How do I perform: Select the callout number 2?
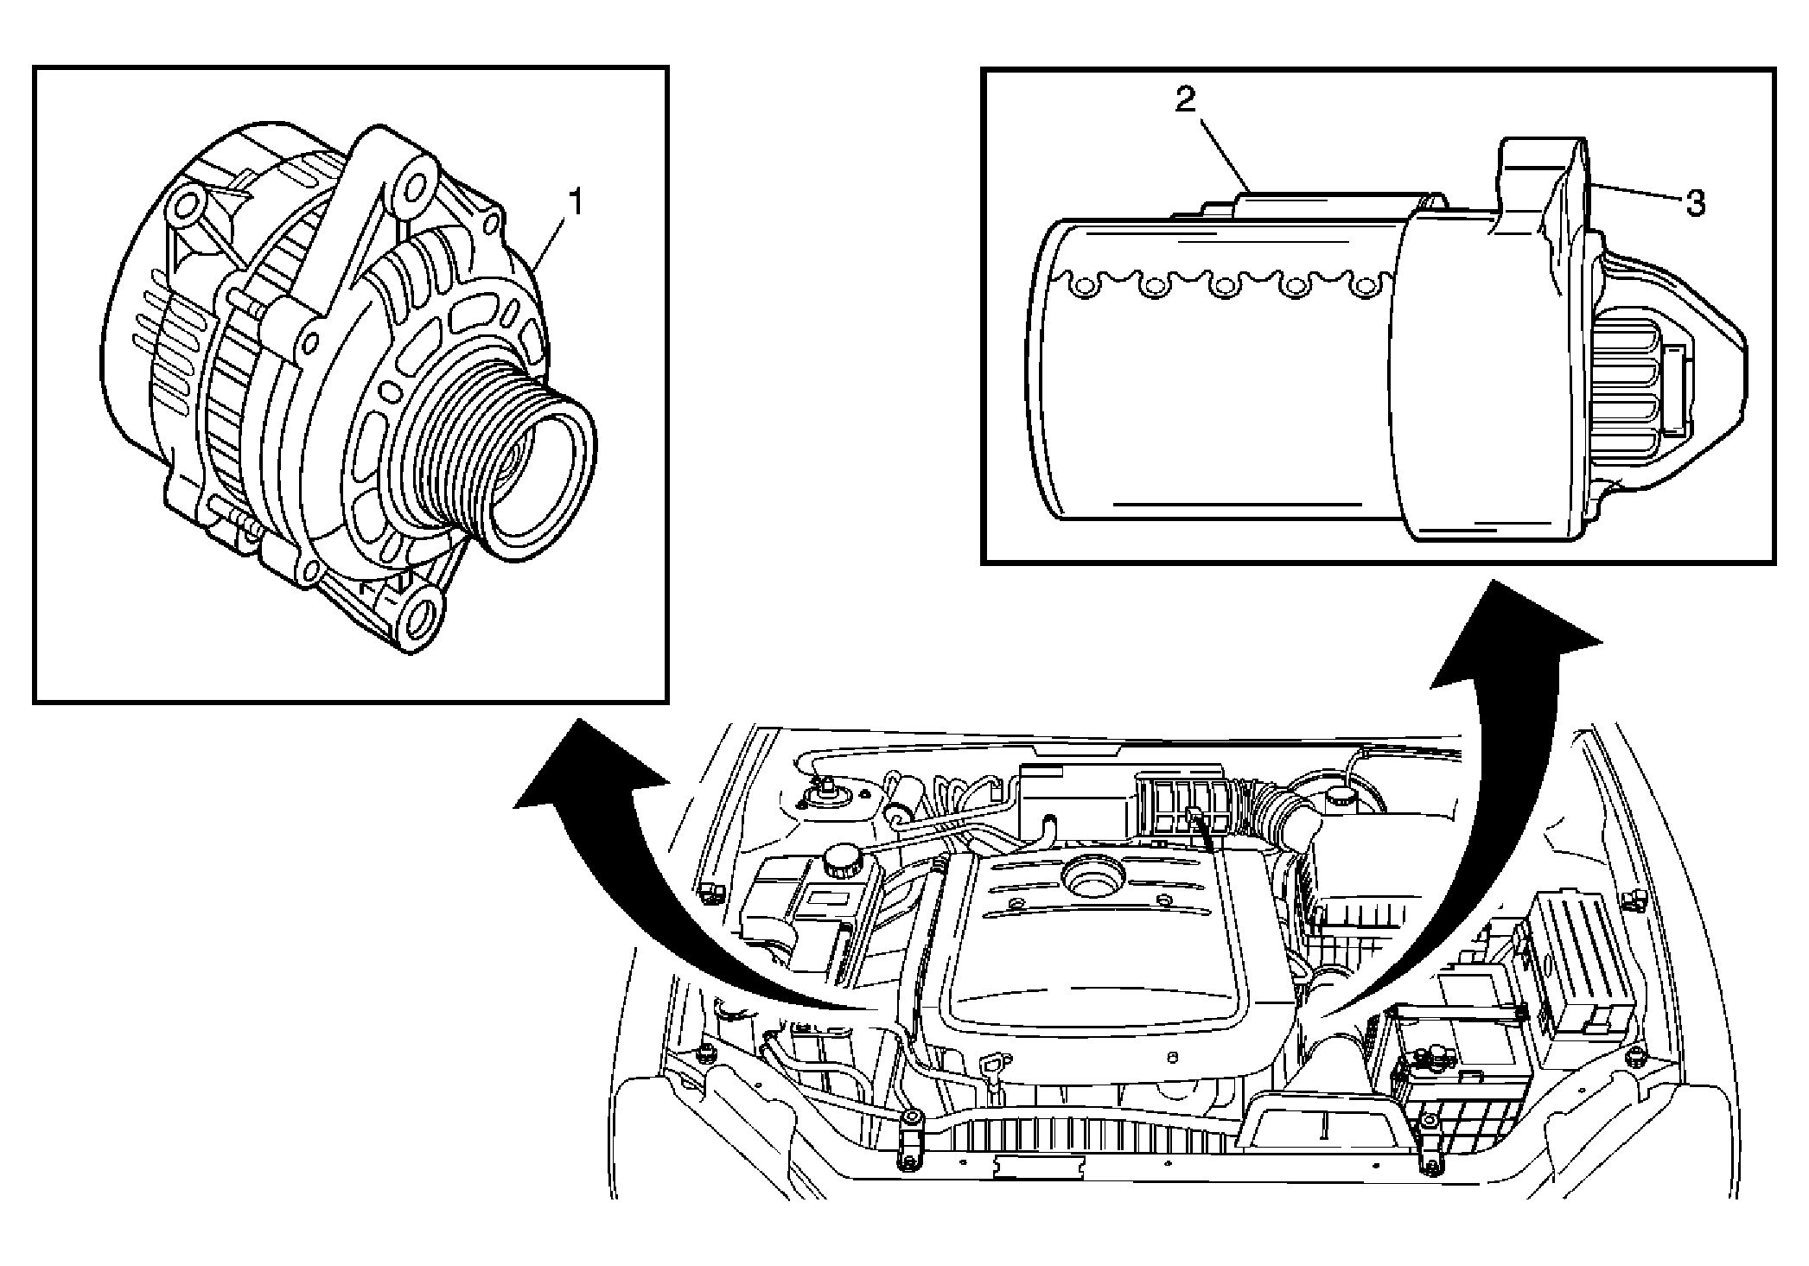[1185, 100]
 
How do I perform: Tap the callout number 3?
[1695, 204]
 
